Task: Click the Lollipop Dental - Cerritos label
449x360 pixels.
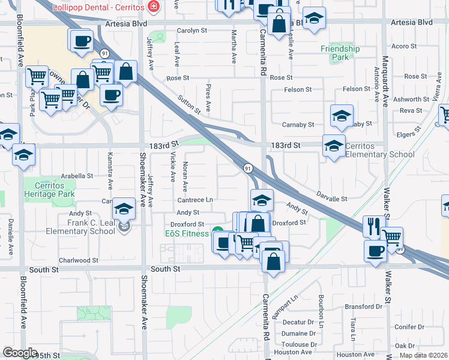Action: [100, 7]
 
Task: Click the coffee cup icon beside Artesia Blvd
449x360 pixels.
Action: [82, 42]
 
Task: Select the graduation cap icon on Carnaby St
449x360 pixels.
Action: [342, 116]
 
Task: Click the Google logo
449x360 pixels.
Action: [20, 353]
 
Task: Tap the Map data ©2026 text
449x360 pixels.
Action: [424, 355]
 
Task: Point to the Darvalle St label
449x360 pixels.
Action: [332, 198]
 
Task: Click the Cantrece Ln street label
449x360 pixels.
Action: [195, 200]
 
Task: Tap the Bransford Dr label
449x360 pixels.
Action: [364, 307]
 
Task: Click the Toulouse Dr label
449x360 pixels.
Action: [298, 344]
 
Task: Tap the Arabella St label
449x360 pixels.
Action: [77, 176]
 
